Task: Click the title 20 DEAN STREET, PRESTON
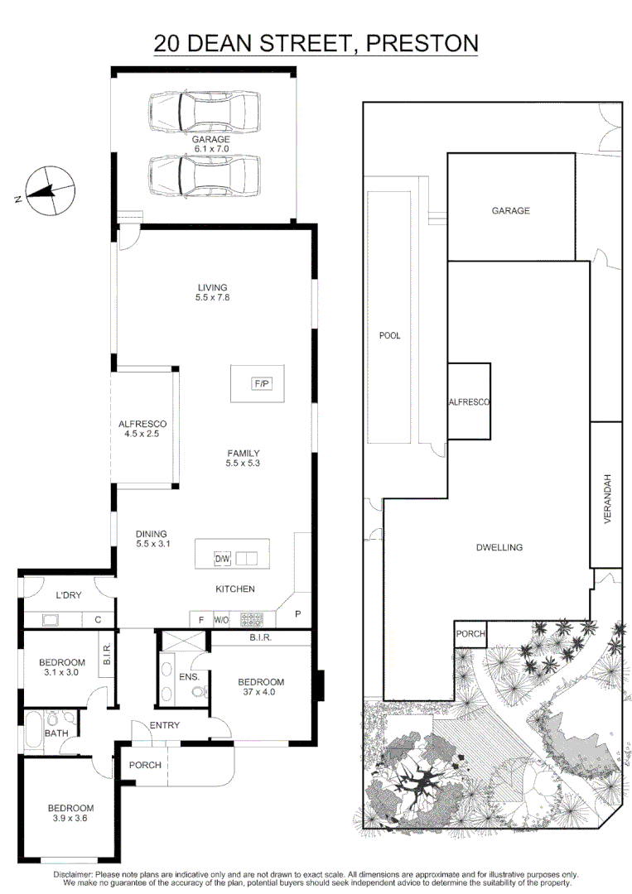pos(316,43)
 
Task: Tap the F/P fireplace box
pos(262,383)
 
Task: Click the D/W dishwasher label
pos(222,559)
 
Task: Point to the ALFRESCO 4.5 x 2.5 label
pos(142,429)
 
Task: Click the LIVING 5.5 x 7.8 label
pos(212,292)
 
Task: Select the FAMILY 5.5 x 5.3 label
pos(244,459)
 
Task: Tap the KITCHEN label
pos(235,589)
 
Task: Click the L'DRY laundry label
pos(67,596)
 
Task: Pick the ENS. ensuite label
pos(190,677)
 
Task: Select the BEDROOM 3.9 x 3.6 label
pos(70,813)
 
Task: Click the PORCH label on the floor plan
pos(145,765)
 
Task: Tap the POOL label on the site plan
pos(389,335)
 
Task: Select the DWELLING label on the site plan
pos(499,547)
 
